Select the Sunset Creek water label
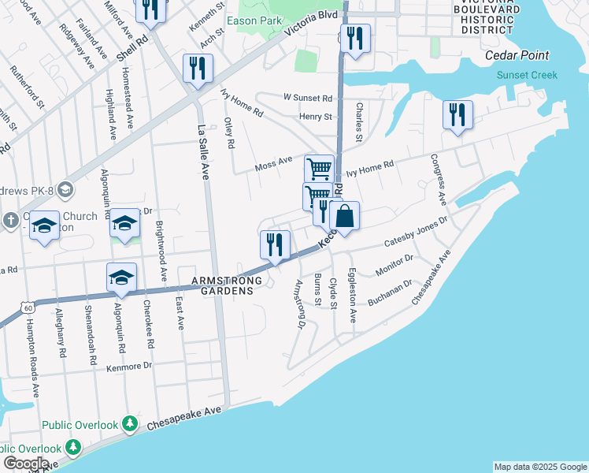point(527,75)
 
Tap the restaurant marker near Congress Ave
point(457,114)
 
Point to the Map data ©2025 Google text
point(540,467)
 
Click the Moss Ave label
point(273,167)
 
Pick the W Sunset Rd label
point(308,99)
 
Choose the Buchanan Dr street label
point(390,293)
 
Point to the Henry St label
point(316,117)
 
